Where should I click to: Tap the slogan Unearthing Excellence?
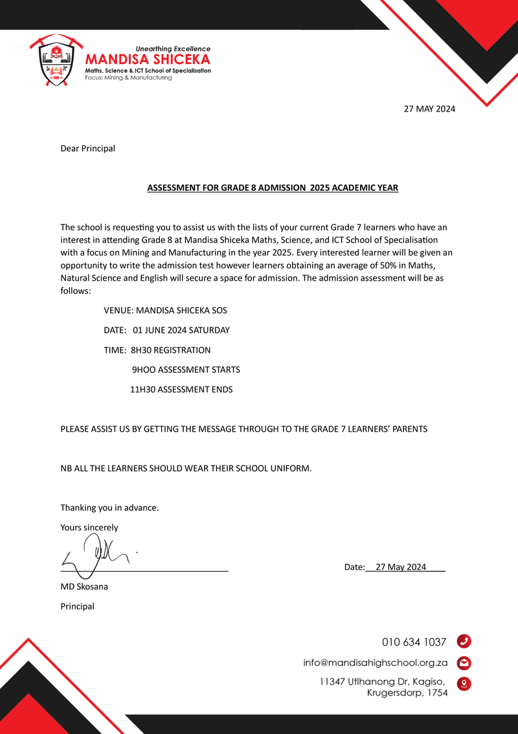pyautogui.click(x=173, y=49)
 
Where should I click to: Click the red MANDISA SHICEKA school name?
pyautogui.click(x=148, y=60)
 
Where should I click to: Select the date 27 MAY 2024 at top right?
pyautogui.click(x=429, y=109)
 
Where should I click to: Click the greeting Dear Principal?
pyautogui.click(x=87, y=148)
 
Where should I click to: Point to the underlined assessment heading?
pyautogui.click(x=273, y=188)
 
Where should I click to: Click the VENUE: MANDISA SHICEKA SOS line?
pyautogui.click(x=165, y=311)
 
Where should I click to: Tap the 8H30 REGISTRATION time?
pyautogui.click(x=170, y=350)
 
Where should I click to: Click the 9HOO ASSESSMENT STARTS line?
pyautogui.click(x=186, y=370)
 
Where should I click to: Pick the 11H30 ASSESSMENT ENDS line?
pyautogui.click(x=181, y=390)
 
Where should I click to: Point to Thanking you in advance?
pyautogui.click(x=109, y=508)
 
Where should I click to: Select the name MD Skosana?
pyautogui.click(x=84, y=587)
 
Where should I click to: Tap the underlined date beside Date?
pyautogui.click(x=401, y=567)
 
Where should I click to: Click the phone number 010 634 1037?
pyautogui.click(x=414, y=643)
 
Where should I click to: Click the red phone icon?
pyautogui.click(x=464, y=642)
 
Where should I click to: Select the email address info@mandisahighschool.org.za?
pyautogui.click(x=376, y=663)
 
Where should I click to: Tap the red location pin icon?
pyautogui.click(x=464, y=684)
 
